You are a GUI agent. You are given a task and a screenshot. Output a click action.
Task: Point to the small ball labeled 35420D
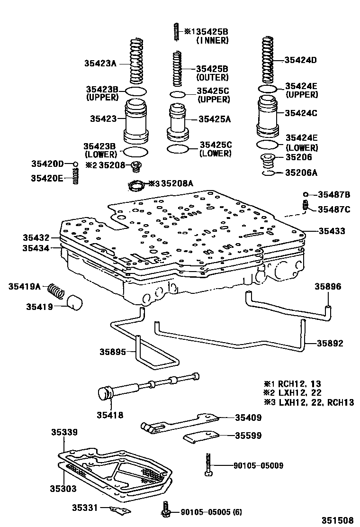[x=75, y=164]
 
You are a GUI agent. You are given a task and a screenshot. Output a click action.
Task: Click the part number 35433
[x=332, y=231]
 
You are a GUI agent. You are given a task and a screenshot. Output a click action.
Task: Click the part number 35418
[x=110, y=415]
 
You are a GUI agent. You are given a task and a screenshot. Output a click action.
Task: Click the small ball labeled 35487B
[x=306, y=194]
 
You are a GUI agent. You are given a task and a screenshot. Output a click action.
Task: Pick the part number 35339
[x=65, y=432]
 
